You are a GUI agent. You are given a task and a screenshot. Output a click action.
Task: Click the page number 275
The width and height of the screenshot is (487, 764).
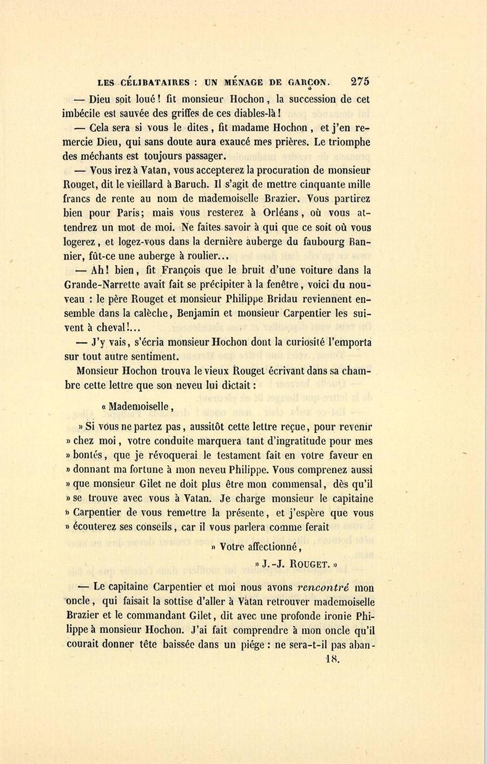click(360, 82)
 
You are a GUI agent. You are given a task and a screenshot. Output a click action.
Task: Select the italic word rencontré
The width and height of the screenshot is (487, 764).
click(324, 587)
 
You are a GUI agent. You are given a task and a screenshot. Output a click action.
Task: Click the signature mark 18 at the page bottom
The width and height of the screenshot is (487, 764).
click(332, 659)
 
